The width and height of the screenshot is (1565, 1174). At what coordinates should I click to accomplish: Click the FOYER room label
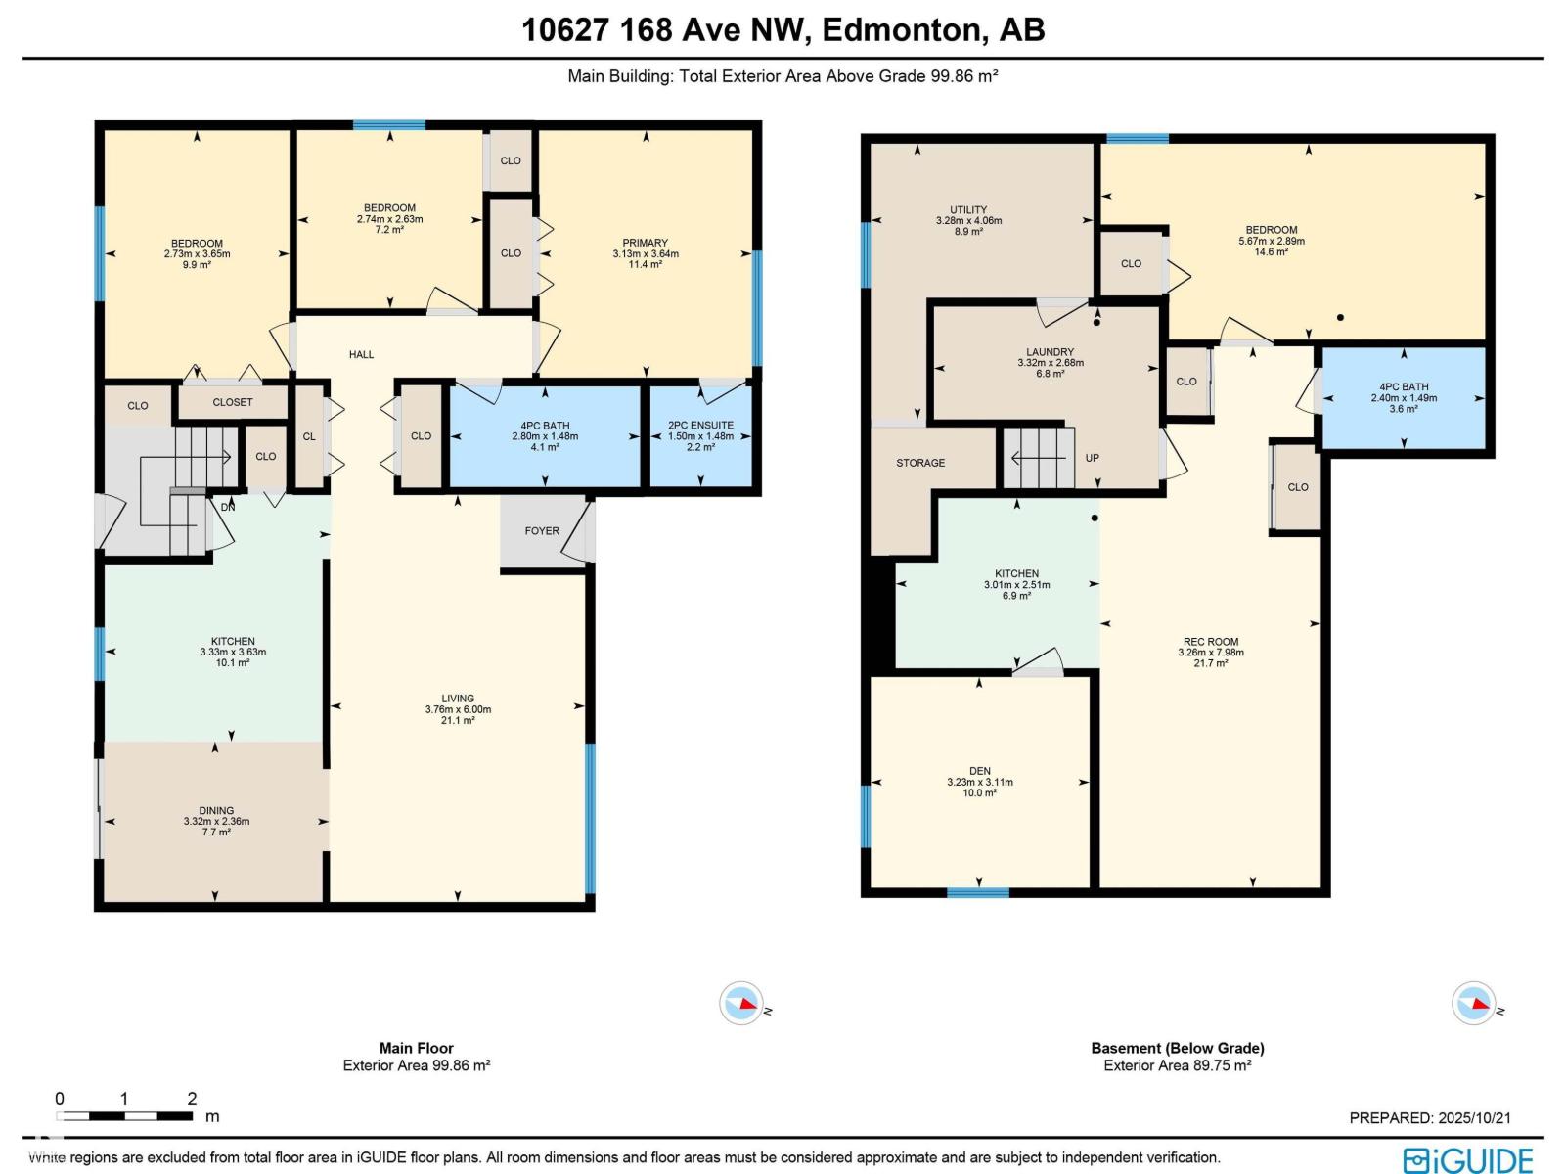click(542, 531)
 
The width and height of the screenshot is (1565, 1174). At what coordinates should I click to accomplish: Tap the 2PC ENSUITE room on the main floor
click(700, 436)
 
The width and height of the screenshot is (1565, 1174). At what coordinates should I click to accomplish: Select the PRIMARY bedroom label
click(645, 243)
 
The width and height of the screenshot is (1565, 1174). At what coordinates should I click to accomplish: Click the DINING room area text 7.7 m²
click(216, 833)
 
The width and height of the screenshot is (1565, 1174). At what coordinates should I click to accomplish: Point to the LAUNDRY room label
click(1050, 352)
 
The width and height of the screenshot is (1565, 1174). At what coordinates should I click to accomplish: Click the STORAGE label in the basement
click(920, 463)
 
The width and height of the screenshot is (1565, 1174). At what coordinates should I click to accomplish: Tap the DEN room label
click(979, 771)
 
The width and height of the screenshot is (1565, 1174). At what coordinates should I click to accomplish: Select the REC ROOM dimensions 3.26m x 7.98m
click(1211, 653)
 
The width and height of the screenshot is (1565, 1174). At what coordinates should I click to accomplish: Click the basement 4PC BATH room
click(1403, 397)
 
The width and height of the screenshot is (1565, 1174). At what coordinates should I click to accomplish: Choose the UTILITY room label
click(968, 209)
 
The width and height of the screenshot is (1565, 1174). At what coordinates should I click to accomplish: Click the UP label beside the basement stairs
click(1092, 458)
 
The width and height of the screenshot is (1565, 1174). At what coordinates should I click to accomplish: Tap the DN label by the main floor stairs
click(228, 507)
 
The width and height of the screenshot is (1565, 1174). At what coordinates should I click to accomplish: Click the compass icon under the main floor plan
click(740, 1004)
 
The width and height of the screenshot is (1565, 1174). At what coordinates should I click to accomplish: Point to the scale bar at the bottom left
click(124, 1115)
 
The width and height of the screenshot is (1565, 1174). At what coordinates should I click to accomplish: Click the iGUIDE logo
click(1468, 1159)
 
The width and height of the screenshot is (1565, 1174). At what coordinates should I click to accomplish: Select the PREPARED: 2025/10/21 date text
click(1430, 1117)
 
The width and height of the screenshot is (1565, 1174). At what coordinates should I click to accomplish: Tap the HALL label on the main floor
click(361, 354)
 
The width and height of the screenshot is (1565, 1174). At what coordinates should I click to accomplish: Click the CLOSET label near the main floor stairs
click(232, 402)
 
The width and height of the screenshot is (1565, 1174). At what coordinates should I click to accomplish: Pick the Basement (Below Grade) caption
click(1177, 1048)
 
